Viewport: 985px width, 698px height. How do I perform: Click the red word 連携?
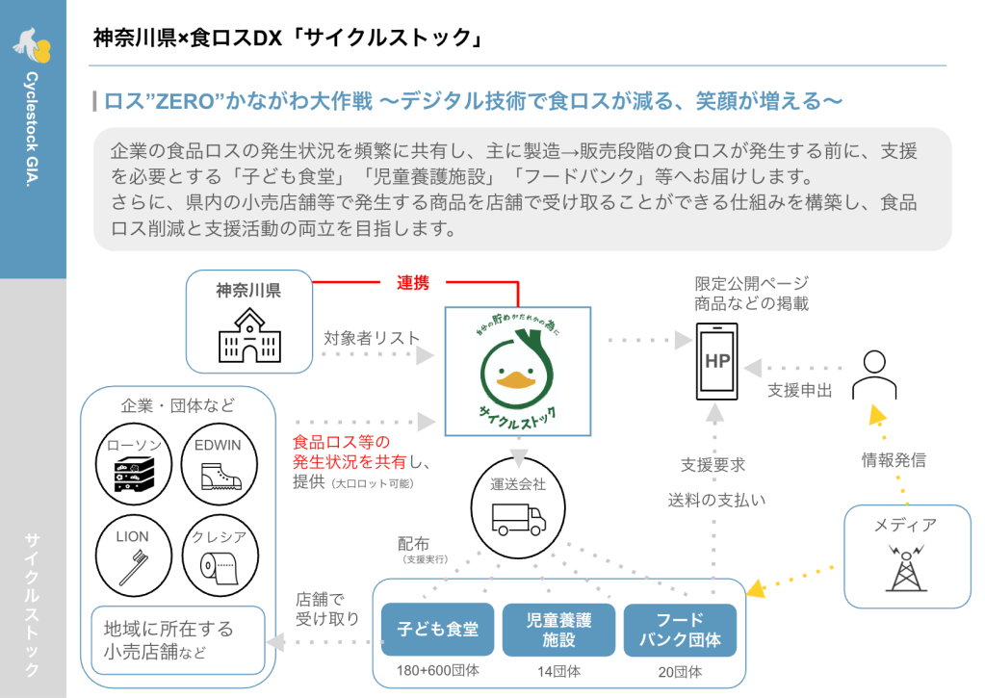click(x=413, y=282)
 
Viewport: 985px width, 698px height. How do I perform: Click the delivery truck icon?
click(x=518, y=519)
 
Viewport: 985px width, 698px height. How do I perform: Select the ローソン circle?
click(x=135, y=466)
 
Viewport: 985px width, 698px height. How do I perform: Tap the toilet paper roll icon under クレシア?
click(x=220, y=568)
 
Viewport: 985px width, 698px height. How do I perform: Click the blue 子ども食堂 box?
click(x=438, y=630)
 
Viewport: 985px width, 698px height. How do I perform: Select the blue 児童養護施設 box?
click(x=558, y=630)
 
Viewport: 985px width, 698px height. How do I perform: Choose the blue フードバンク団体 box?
click(x=681, y=630)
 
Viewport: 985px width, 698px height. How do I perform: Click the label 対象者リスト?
click(x=372, y=338)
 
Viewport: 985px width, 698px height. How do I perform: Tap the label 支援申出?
click(x=800, y=391)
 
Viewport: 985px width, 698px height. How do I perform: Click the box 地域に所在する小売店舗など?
click(x=178, y=640)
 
